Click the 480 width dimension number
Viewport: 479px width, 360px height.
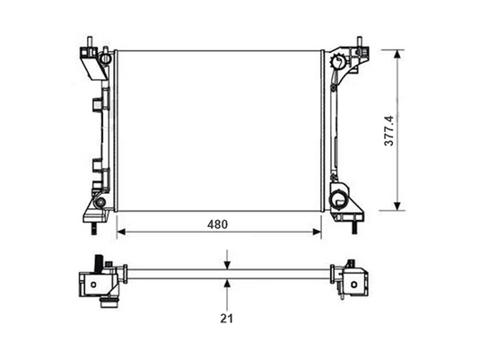point(217,224)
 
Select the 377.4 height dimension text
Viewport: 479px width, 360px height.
point(389,130)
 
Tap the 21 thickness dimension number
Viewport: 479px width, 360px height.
point(226,319)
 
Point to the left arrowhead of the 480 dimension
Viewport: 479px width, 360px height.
point(121,232)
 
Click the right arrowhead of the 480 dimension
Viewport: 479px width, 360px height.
point(318,232)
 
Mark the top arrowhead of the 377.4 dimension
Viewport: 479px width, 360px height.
point(397,54)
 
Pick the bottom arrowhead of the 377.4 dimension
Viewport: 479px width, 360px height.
point(397,206)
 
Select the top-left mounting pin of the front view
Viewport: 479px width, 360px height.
point(90,42)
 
